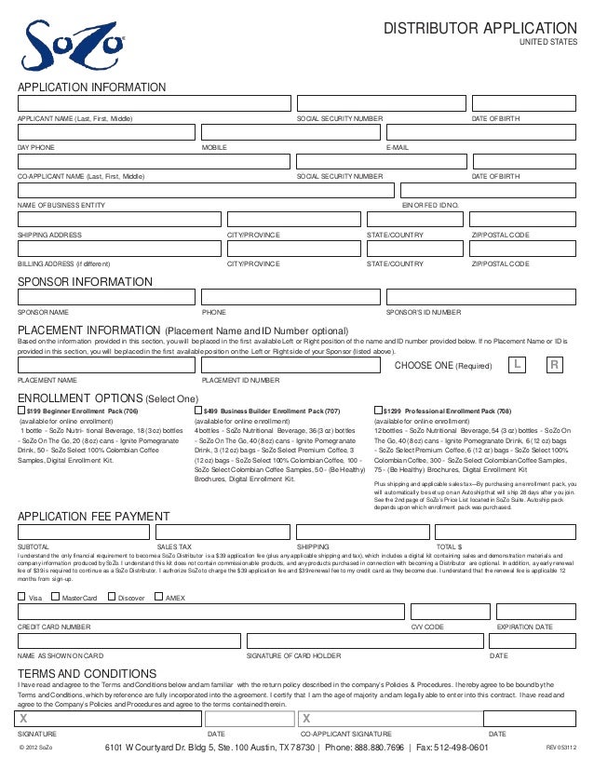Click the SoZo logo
coord(63,44)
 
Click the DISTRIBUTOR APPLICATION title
coord(480,29)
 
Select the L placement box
coord(517,365)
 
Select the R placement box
coord(554,365)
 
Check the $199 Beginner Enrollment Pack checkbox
coord(22,410)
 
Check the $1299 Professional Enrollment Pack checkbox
coord(377,410)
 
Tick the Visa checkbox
coord(22,597)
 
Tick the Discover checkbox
coord(112,597)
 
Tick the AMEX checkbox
coord(157,597)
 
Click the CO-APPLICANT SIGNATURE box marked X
coord(391,718)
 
